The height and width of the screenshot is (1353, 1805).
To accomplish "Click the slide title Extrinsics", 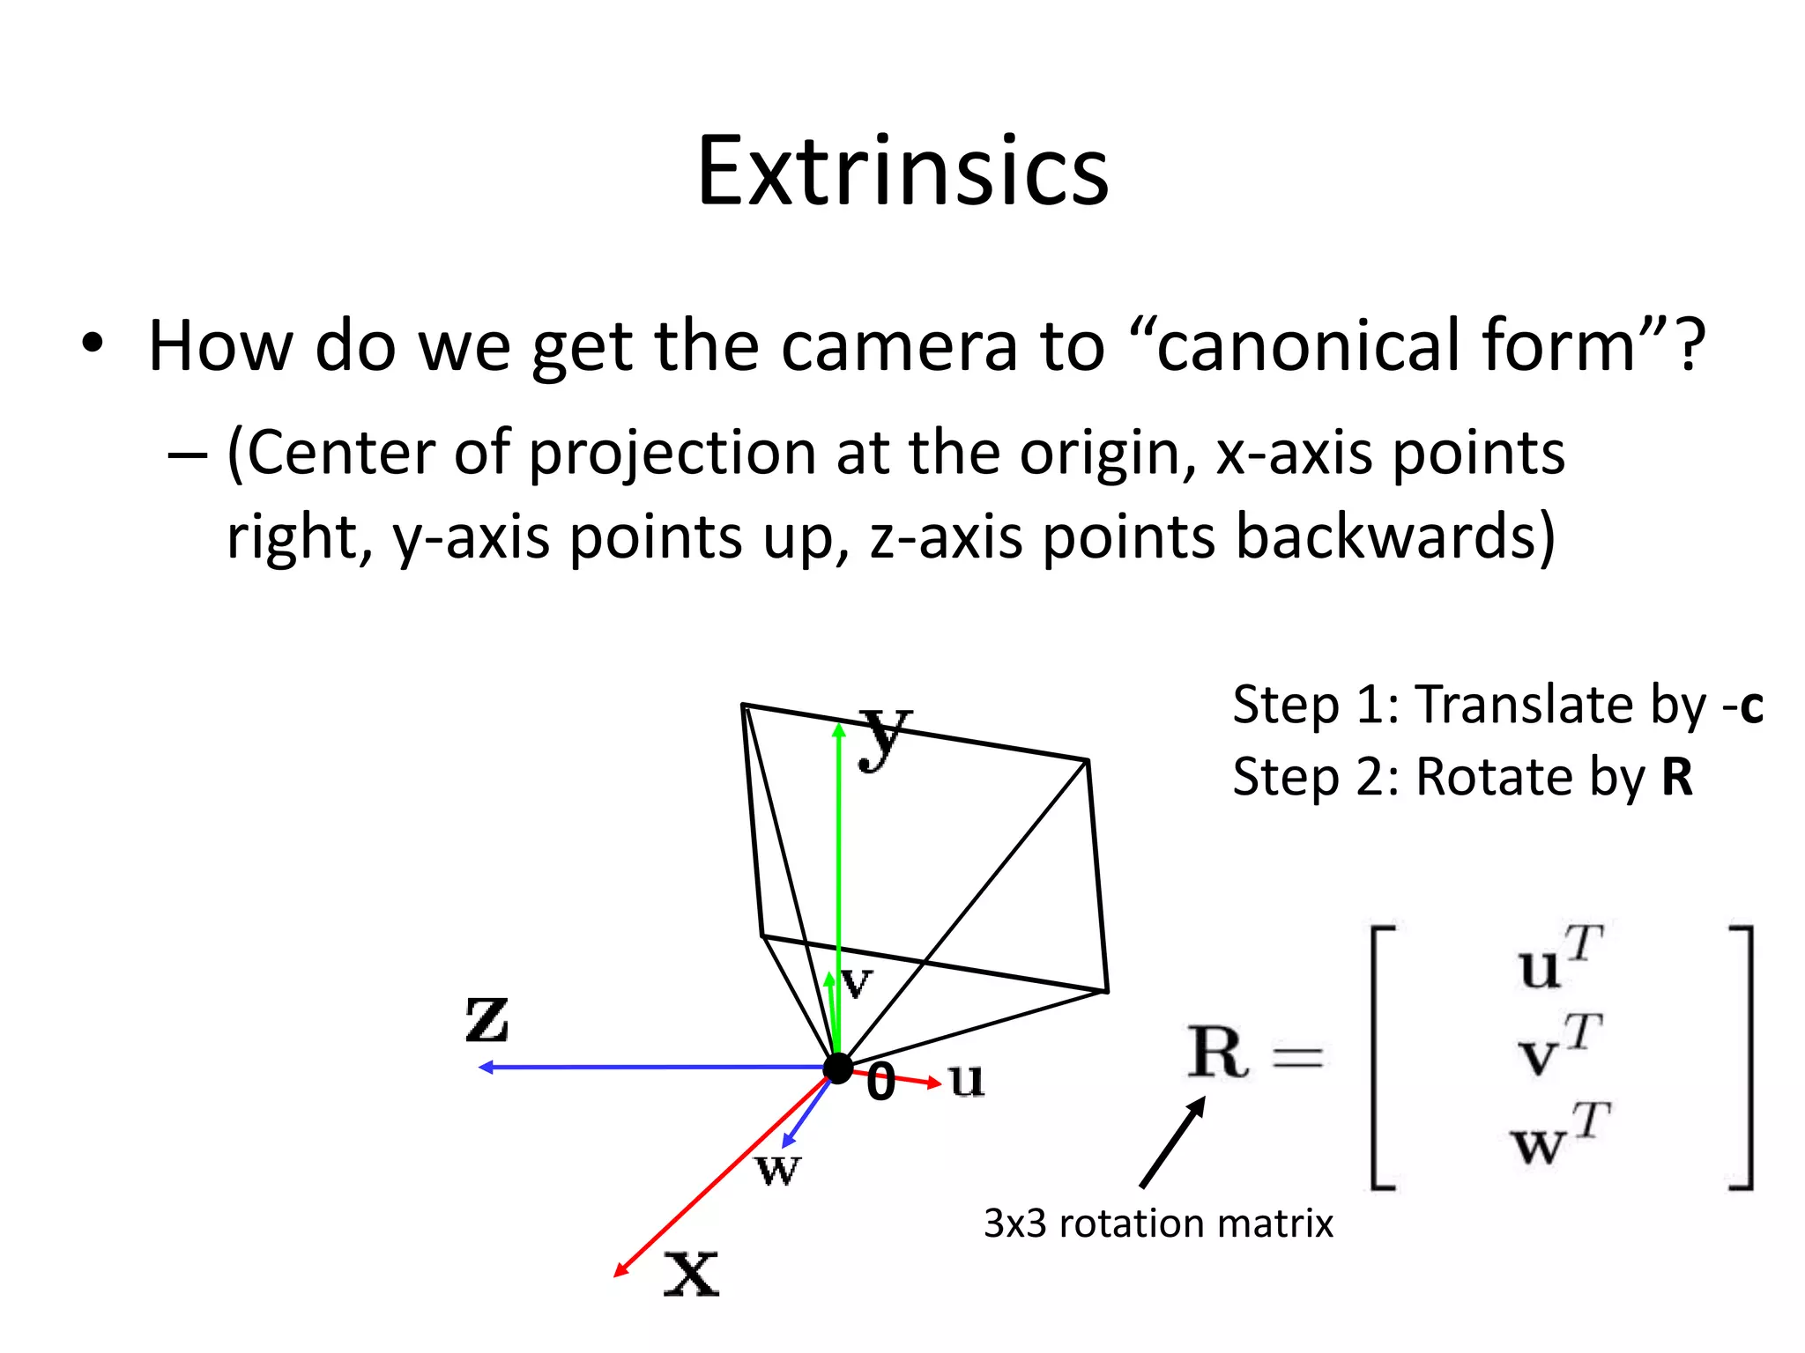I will click(x=902, y=172).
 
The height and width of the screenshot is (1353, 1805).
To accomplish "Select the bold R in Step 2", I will click(x=1676, y=778).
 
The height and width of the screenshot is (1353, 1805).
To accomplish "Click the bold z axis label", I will click(x=487, y=1019).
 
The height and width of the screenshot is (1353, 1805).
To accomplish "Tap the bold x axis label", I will click(x=691, y=1274).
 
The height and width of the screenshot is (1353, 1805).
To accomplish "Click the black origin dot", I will click(x=837, y=1068).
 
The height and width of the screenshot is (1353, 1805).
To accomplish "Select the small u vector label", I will click(x=966, y=1079).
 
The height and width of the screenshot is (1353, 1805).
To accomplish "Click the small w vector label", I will click(x=777, y=1170).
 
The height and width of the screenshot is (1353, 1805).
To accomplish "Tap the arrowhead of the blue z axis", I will click(x=484, y=1068).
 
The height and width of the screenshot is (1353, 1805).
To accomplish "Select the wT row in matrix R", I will click(x=1558, y=1136).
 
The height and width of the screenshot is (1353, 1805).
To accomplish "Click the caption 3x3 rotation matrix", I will click(x=1157, y=1224).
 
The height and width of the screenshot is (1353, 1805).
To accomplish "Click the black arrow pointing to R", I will click(x=1172, y=1142).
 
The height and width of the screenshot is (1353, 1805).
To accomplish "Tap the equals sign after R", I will click(x=1297, y=1056).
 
